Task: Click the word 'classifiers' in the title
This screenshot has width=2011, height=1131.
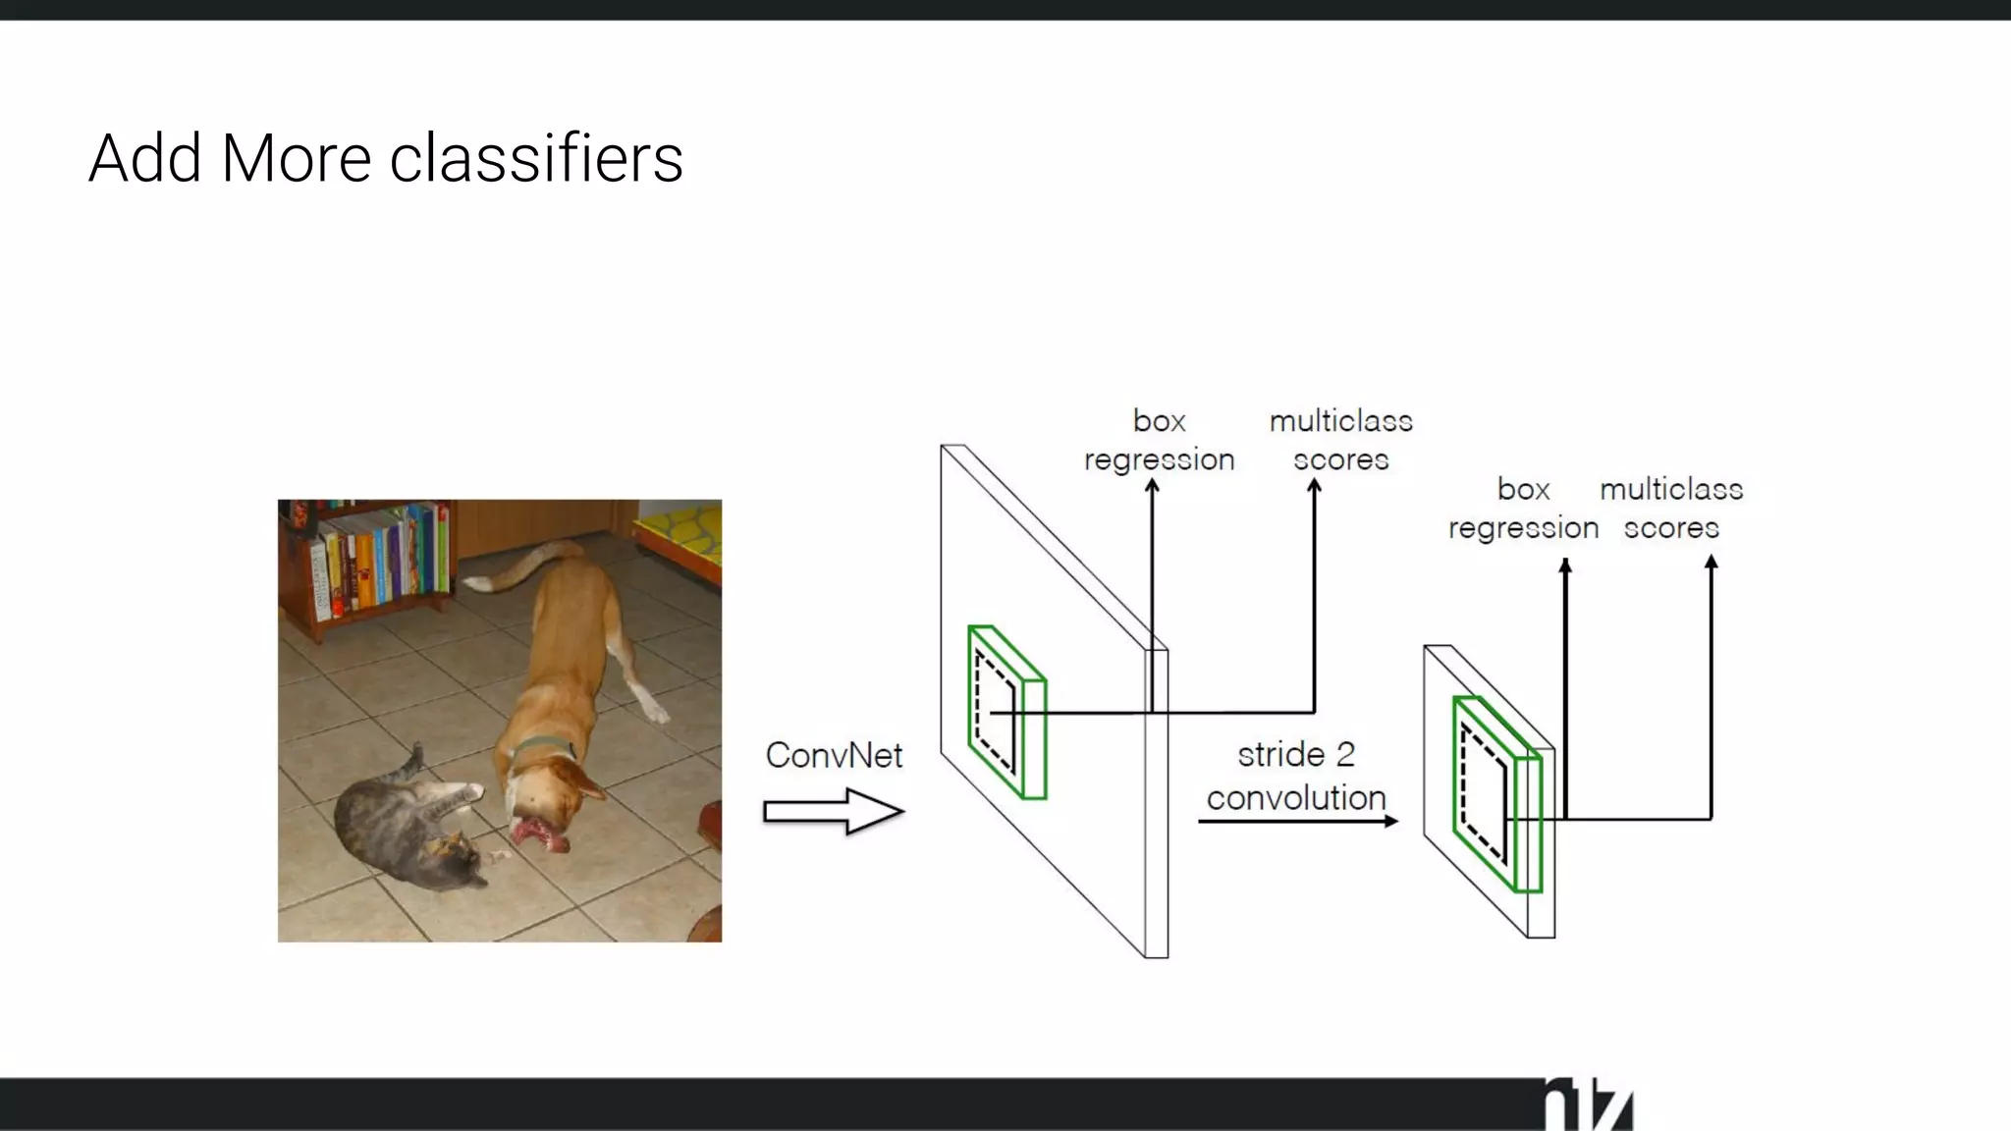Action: (x=536, y=159)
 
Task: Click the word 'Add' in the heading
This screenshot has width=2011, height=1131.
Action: (x=145, y=159)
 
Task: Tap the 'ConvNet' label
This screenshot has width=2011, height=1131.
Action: (x=834, y=755)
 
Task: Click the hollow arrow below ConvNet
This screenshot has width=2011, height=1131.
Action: (x=834, y=812)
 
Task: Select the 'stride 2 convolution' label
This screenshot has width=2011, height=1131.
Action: (x=1296, y=776)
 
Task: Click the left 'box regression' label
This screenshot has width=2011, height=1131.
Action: (x=1159, y=440)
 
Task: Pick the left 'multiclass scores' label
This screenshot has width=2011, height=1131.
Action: (x=1340, y=440)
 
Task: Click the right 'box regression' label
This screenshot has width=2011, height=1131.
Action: (x=1523, y=509)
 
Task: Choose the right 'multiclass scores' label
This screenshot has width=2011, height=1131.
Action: (x=1671, y=509)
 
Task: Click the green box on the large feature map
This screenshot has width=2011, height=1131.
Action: (x=1006, y=713)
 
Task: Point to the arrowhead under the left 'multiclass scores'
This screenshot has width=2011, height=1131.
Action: (x=1314, y=486)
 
